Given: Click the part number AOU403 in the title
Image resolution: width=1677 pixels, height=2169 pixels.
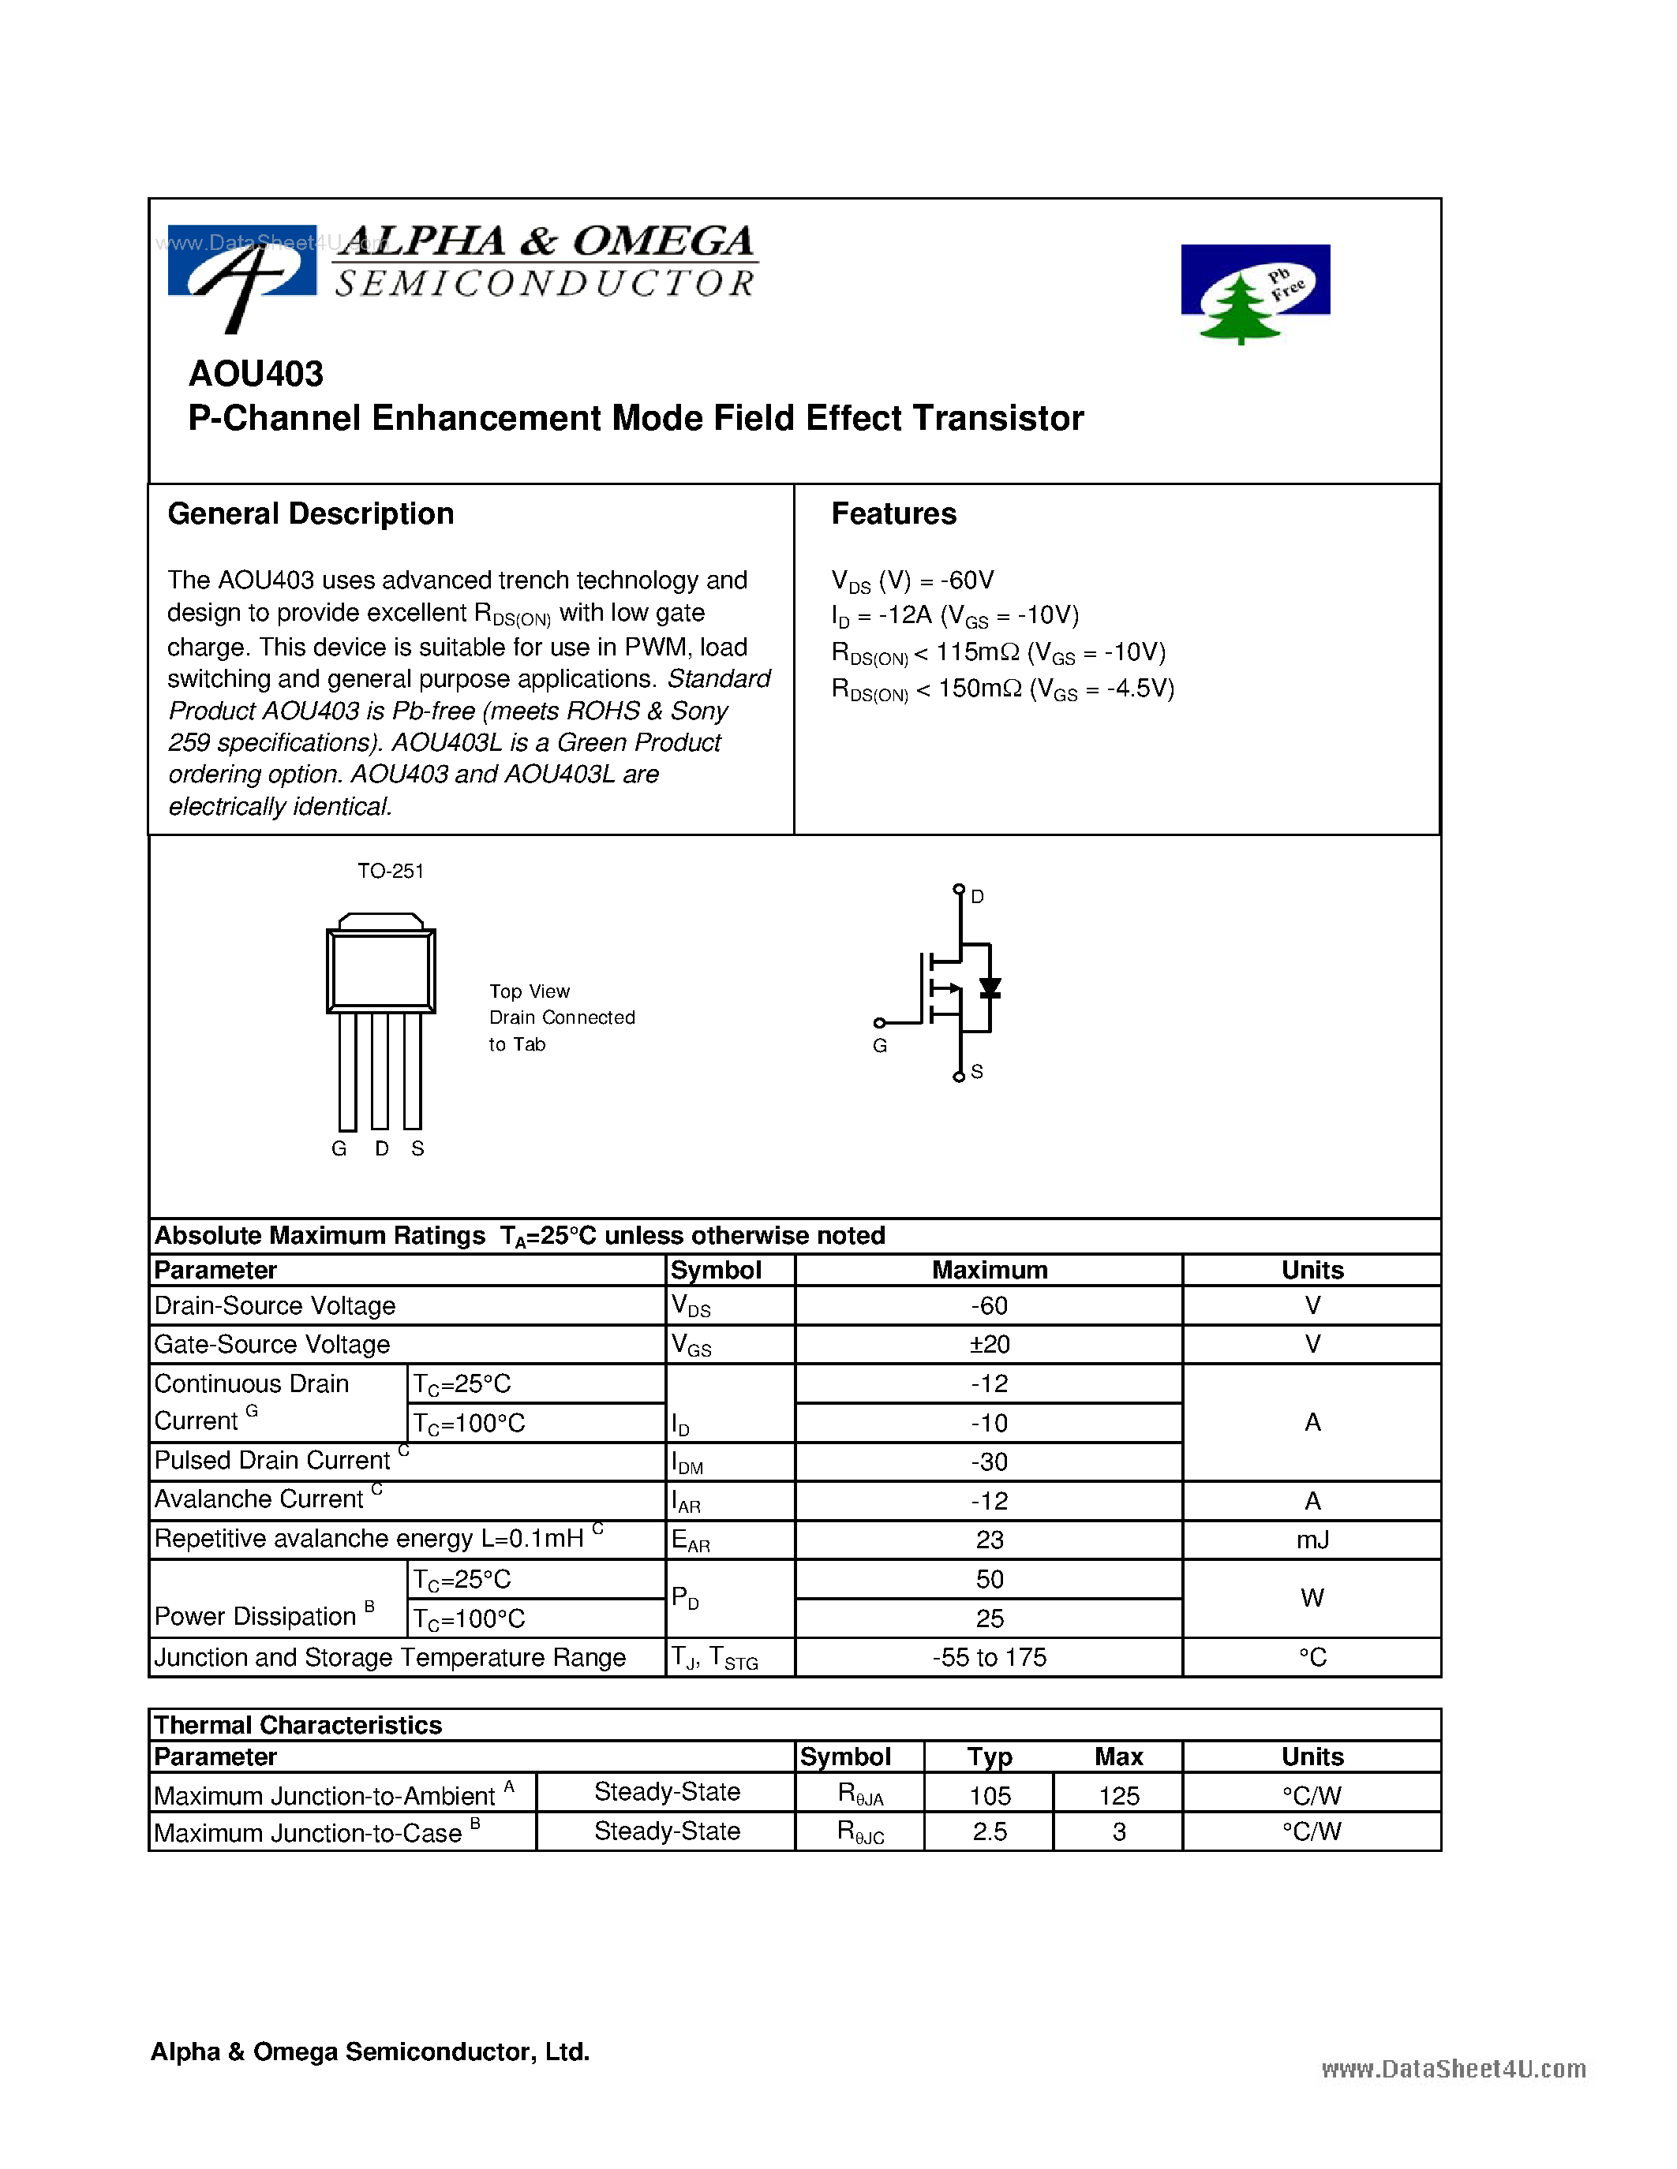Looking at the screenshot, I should (256, 375).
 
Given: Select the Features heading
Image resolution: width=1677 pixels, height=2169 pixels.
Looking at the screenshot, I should (893, 513).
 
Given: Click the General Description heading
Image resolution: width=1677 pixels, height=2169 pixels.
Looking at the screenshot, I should (310, 513).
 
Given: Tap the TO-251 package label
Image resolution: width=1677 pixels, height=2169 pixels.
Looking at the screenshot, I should (391, 871).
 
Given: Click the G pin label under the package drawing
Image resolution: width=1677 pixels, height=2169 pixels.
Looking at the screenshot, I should (339, 1148).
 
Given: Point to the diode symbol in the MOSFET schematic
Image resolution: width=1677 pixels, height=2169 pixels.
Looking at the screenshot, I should (990, 988).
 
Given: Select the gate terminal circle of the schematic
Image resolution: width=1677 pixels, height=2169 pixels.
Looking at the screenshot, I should (879, 1023).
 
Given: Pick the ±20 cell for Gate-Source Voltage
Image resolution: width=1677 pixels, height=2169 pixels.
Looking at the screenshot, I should (990, 1345).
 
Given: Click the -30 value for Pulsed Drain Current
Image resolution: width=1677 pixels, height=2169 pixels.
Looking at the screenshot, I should (990, 1462).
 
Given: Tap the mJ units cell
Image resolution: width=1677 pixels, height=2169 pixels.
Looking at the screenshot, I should (1312, 1540).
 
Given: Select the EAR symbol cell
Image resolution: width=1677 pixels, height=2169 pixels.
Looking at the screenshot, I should (691, 1540).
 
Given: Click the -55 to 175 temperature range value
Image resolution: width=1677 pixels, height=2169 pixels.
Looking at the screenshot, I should (990, 1658).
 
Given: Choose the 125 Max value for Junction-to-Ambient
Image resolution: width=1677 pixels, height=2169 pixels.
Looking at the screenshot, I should (1119, 1796).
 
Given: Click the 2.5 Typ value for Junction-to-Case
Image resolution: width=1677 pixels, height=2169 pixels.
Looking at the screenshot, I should (990, 1831).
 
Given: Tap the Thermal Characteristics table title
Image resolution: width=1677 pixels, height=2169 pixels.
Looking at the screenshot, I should (298, 1725).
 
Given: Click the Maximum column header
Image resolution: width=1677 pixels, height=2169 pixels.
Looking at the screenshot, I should (990, 1270).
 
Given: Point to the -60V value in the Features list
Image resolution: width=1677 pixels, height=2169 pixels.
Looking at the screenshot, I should (968, 580).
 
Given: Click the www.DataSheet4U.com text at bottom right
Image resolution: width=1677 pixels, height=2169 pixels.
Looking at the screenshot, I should (1454, 2069).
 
